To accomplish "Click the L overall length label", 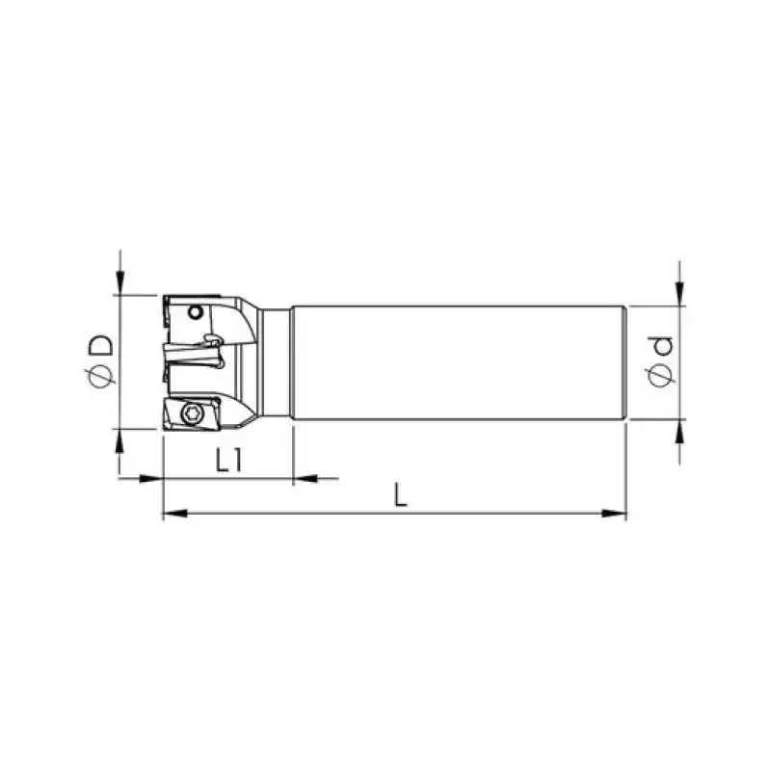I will (401, 494).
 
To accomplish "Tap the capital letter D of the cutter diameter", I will (99, 346).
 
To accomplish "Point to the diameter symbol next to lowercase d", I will (660, 374).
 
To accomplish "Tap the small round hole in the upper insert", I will (196, 311).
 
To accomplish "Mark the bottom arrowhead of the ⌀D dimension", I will (120, 439).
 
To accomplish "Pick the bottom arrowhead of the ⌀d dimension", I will (680, 431).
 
